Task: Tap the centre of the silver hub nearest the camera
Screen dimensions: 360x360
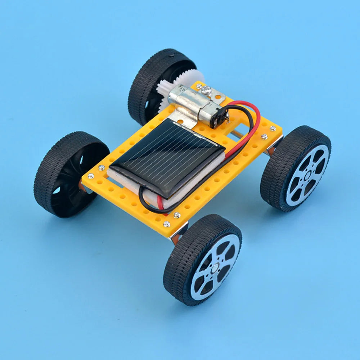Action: coord(215,267)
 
